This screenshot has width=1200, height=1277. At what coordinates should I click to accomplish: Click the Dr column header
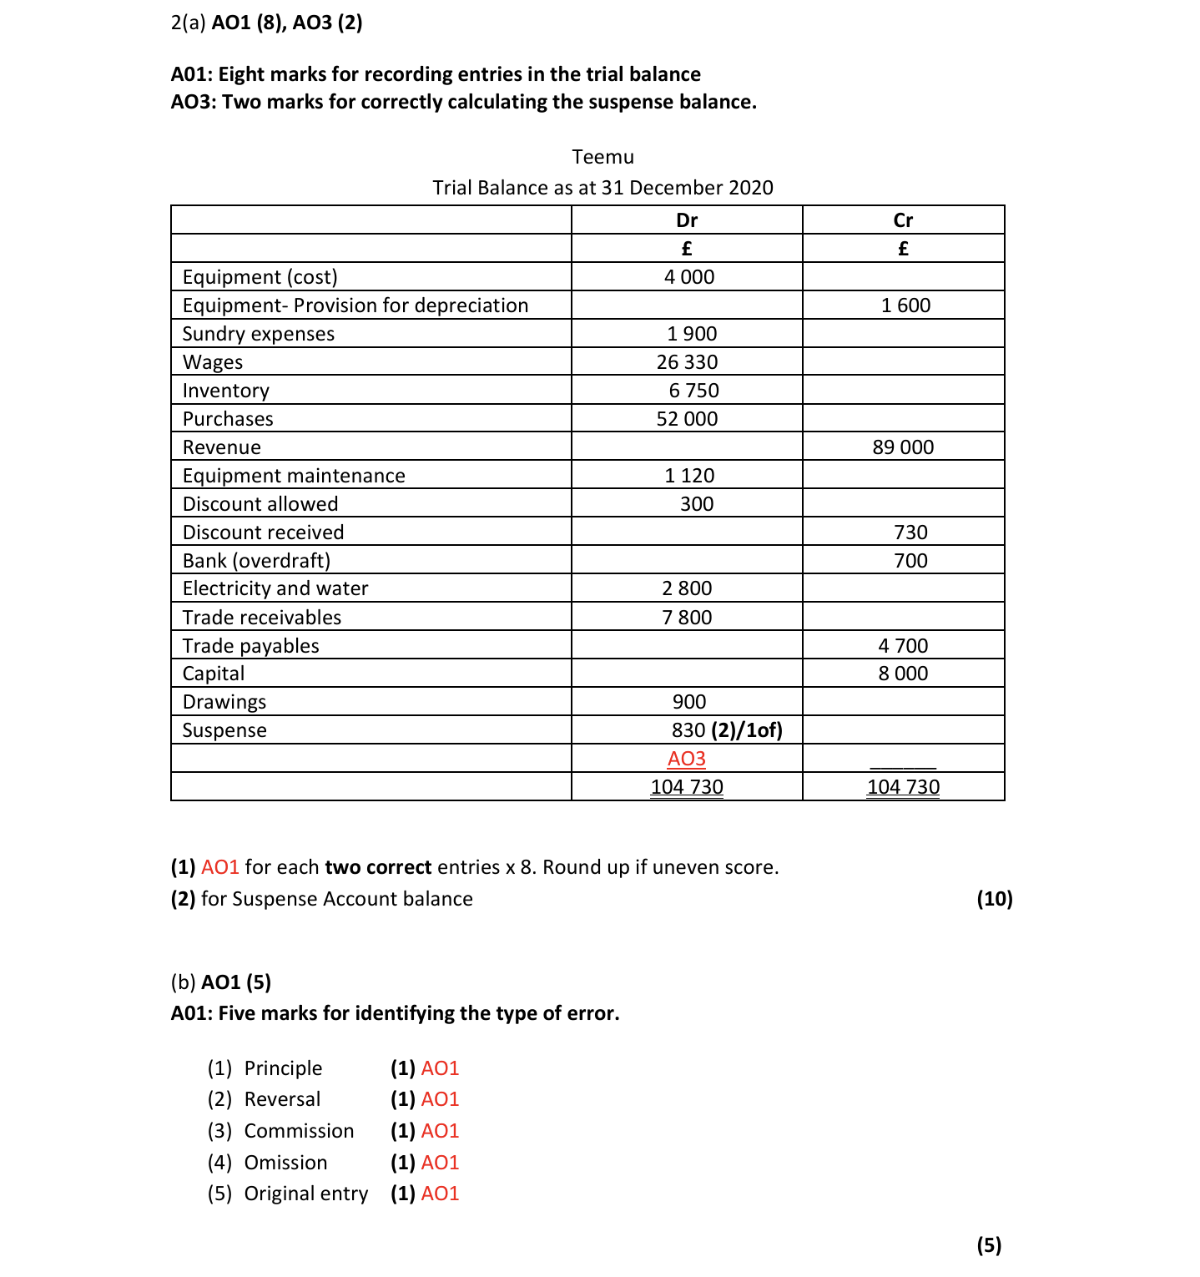point(687,220)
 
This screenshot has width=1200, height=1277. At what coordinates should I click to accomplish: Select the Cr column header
point(903,220)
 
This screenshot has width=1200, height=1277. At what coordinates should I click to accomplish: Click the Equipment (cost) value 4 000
point(689,277)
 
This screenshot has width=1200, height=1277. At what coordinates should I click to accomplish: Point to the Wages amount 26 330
point(687,362)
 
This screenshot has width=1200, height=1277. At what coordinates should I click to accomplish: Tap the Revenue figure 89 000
point(903,447)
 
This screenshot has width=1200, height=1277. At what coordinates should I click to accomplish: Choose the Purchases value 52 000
point(687,419)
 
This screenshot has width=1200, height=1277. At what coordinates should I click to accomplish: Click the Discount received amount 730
point(910,533)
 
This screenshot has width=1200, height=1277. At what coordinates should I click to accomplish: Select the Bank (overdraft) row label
point(256,561)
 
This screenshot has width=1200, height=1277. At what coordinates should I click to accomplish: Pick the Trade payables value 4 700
point(903,646)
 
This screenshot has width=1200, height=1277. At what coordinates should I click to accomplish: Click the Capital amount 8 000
point(903,674)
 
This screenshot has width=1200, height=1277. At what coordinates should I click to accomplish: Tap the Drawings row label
point(224,702)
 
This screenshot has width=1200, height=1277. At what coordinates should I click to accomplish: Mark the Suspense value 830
point(688,730)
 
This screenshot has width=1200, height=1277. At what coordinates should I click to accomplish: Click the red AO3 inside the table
point(687,759)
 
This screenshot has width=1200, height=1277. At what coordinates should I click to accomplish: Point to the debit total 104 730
point(687,787)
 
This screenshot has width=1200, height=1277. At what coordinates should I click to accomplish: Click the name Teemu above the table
point(603,157)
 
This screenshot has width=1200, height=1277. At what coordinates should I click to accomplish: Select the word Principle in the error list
point(283,1068)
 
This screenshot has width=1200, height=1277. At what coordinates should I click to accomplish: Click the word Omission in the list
point(285,1163)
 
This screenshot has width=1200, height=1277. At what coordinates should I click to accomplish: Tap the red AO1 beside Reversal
point(440,1099)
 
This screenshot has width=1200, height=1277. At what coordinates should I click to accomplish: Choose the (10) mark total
point(994,899)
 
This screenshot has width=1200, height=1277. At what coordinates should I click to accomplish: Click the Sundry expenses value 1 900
point(692,334)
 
